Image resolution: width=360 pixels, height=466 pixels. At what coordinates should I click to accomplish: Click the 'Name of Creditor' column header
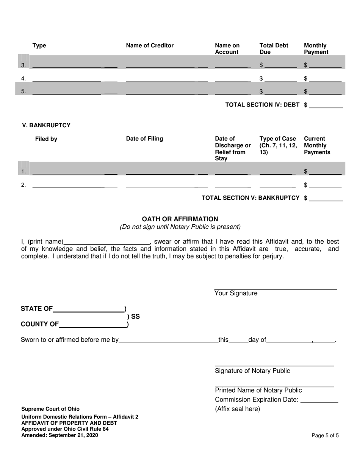pyautogui.click(x=150, y=46)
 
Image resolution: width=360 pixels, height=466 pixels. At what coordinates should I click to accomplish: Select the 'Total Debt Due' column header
pyautogui.click(x=274, y=49)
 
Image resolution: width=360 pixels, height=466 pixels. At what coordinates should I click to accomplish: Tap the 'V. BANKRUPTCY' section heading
pyautogui.click(x=46, y=125)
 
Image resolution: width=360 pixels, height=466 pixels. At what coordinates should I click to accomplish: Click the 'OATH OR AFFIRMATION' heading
pyautogui.click(x=180, y=219)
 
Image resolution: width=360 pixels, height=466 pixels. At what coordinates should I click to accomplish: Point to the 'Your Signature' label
pyautogui.click(x=236, y=293)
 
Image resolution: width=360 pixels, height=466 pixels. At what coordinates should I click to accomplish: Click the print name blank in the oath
pyautogui.click(x=107, y=242)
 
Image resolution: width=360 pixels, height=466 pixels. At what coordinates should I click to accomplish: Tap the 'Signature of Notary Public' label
pyautogui.click(x=252, y=371)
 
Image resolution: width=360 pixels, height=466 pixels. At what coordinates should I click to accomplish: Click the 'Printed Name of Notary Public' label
pyautogui.click(x=258, y=391)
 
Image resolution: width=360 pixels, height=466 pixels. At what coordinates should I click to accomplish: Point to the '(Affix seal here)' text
pyautogui.click(x=237, y=409)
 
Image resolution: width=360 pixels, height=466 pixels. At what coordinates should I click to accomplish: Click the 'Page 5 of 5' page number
pyautogui.click(x=325, y=436)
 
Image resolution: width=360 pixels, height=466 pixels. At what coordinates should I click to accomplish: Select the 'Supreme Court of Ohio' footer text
pyautogui.click(x=50, y=409)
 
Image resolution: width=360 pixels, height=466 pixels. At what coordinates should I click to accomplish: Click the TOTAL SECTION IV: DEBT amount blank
pyautogui.click(x=326, y=105)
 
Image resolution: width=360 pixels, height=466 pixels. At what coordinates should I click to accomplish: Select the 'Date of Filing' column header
pyautogui.click(x=144, y=139)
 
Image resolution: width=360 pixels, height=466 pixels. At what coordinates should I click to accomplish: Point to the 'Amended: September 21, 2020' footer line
pyautogui.click(x=59, y=435)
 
